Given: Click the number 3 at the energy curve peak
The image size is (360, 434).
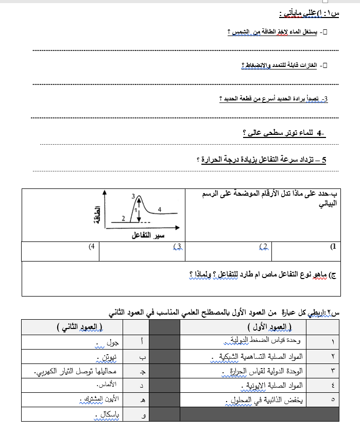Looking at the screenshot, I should (133, 196).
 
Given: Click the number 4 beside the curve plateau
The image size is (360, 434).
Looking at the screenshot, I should (160, 209).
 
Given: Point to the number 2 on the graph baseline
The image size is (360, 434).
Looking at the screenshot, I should (123, 218).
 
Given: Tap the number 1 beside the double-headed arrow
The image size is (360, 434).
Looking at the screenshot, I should (135, 210).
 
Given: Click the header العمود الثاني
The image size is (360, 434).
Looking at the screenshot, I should (79, 327).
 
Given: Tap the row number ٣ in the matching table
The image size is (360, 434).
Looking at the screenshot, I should (333, 371).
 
